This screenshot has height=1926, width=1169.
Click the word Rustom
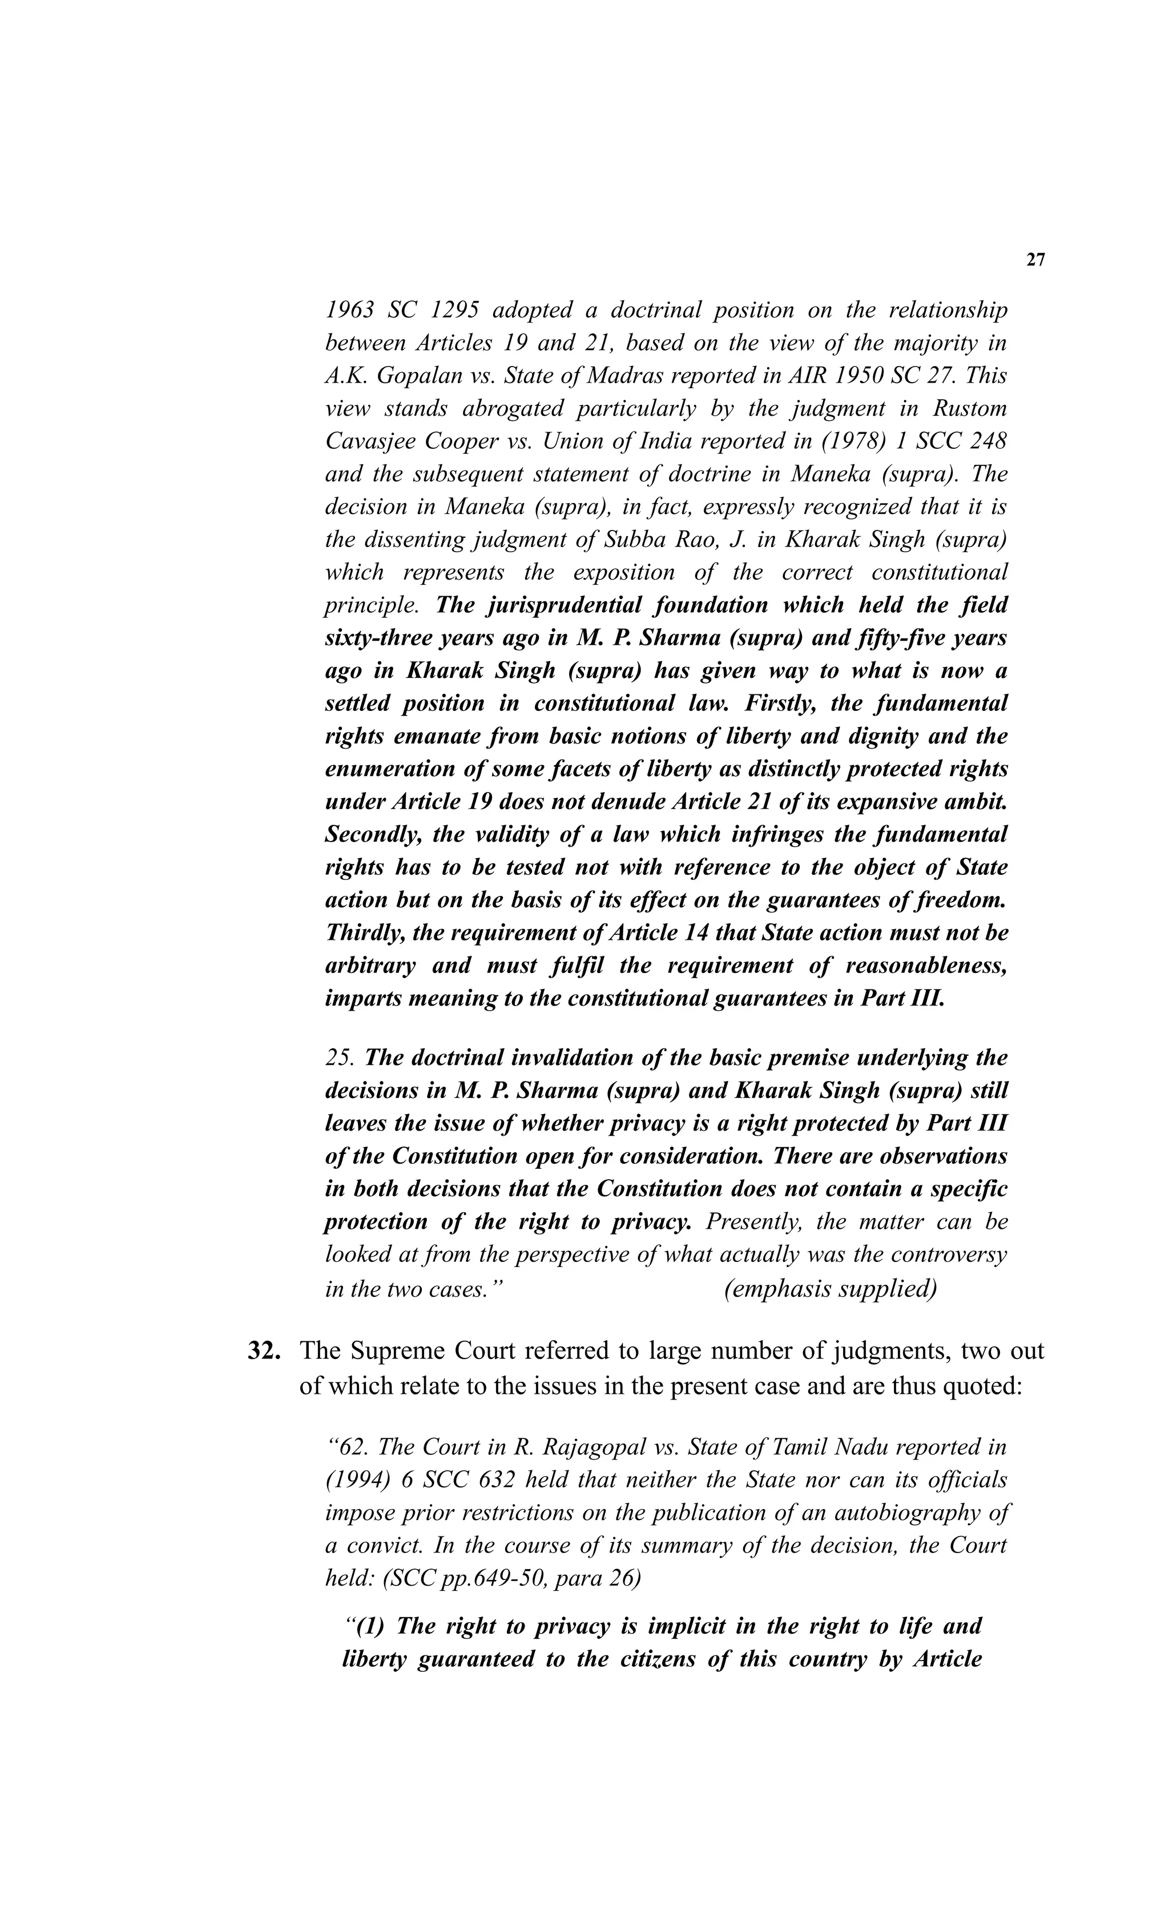[x=970, y=409]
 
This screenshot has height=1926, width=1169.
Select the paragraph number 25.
[x=338, y=1059]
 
